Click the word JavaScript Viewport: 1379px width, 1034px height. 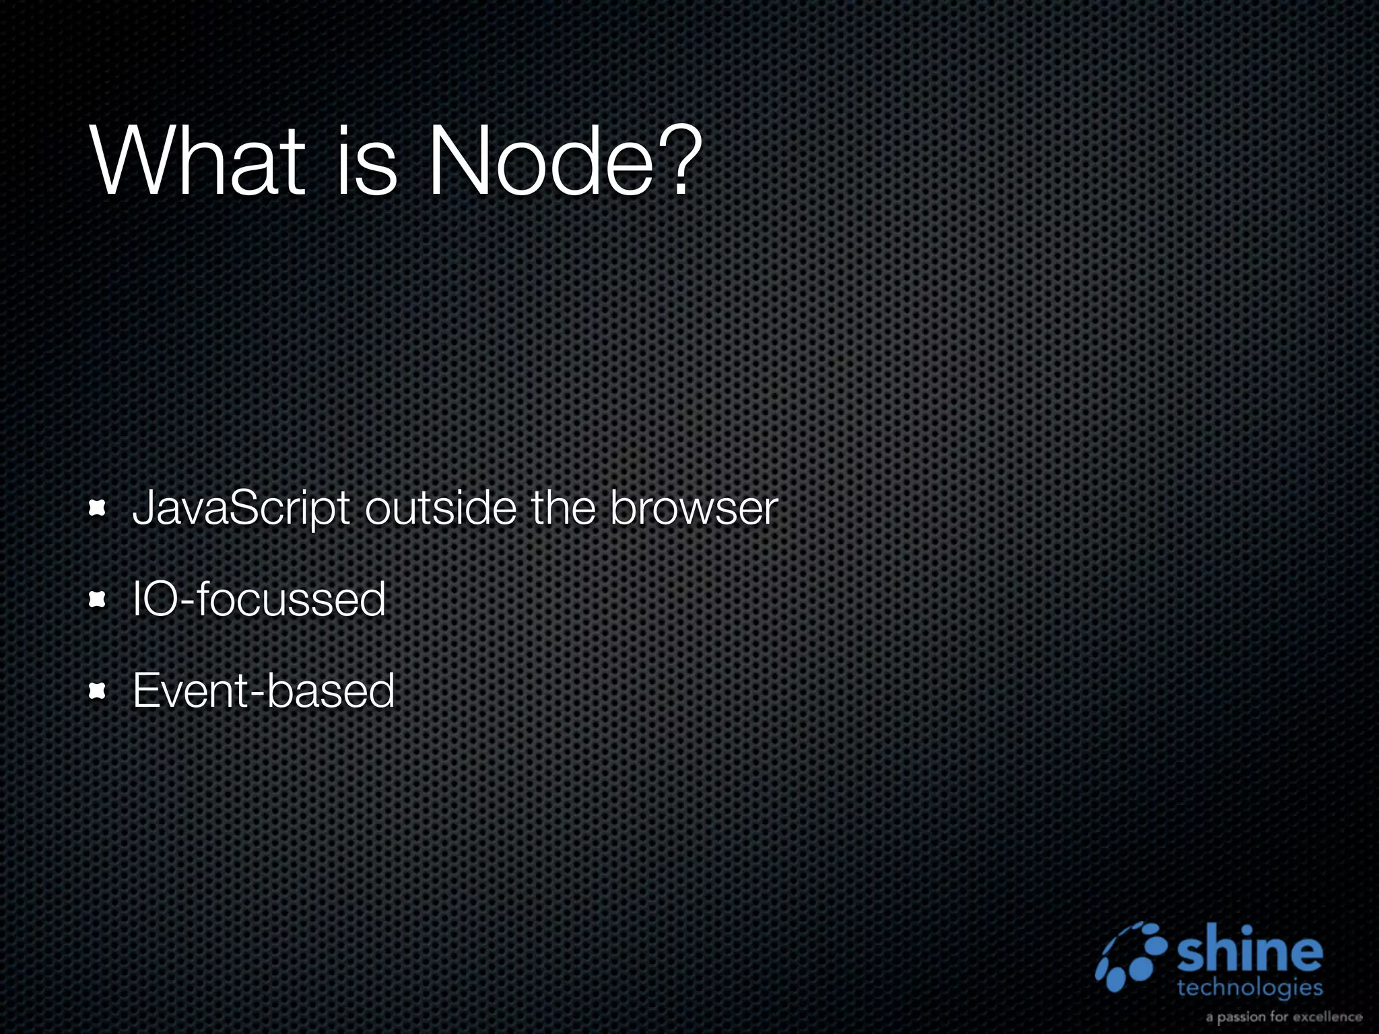[241, 509]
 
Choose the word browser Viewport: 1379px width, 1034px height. [694, 509]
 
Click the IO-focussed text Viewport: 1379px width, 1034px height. [259, 599]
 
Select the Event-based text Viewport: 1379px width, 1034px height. [263, 691]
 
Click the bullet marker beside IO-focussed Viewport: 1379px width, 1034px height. [98, 599]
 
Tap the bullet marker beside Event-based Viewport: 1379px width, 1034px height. [98, 691]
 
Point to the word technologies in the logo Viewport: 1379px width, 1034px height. [1250, 988]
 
